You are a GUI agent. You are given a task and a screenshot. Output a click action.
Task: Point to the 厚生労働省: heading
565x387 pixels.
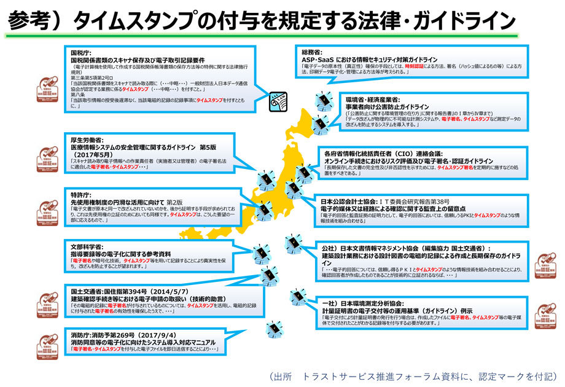tap(87, 140)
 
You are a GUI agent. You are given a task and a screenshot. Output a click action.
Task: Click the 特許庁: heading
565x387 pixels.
tap(82, 194)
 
